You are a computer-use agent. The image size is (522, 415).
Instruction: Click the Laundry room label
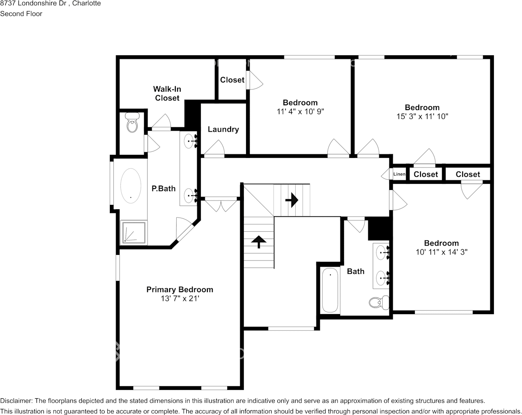223,129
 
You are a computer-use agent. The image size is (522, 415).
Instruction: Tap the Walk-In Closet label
167,93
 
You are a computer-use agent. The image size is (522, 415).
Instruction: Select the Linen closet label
399,174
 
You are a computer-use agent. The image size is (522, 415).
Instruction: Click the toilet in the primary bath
133,122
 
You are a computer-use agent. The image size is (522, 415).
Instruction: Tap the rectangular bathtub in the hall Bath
330,290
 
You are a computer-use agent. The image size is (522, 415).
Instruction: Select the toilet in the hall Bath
379,302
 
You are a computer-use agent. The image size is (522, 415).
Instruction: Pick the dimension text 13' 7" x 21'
180,298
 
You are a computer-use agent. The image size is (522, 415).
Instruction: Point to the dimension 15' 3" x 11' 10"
422,116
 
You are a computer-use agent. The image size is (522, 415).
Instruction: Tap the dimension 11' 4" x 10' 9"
300,111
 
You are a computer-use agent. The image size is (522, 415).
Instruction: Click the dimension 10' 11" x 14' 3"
442,252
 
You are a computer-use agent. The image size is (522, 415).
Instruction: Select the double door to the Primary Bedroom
221,204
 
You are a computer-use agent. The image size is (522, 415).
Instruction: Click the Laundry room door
214,149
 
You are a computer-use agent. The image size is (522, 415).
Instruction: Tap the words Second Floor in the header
21,14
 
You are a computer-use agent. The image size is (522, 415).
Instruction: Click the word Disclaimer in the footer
16,401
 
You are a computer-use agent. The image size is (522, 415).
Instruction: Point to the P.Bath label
163,188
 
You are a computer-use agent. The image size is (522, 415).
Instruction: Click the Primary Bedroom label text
180,290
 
